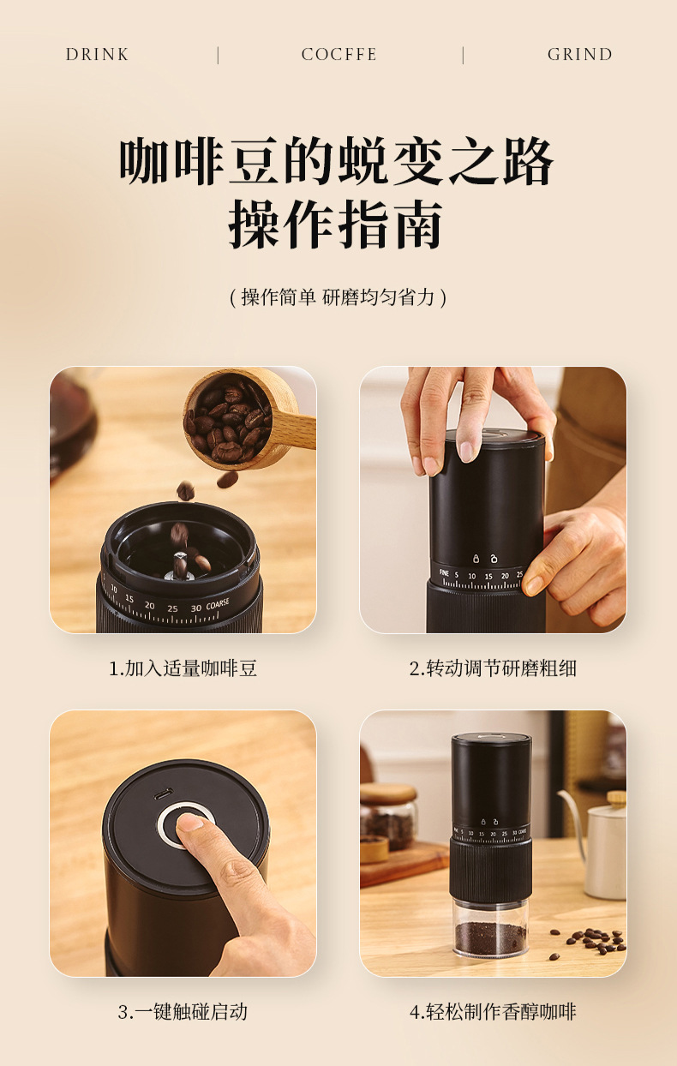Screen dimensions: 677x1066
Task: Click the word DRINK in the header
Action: pyautogui.click(x=97, y=55)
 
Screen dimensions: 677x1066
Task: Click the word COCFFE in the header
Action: pyautogui.click(x=339, y=55)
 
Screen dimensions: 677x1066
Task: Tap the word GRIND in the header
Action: pyautogui.click(x=579, y=55)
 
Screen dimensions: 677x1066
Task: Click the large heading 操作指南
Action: pyautogui.click(x=337, y=225)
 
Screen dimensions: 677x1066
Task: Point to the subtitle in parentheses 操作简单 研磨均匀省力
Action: pyautogui.click(x=338, y=297)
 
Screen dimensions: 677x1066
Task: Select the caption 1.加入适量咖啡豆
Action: pyautogui.click(x=183, y=668)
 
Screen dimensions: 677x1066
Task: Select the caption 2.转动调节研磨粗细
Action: pyautogui.click(x=493, y=668)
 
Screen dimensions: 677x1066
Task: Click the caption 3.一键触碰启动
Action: pyautogui.click(x=183, y=1011)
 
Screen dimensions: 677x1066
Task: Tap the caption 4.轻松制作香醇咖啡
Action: pyautogui.click(x=493, y=1011)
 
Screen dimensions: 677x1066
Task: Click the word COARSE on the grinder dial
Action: pyautogui.click(x=218, y=605)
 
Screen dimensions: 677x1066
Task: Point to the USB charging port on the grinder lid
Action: pyautogui.click(x=163, y=794)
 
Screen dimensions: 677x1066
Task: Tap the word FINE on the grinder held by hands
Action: pyautogui.click(x=444, y=573)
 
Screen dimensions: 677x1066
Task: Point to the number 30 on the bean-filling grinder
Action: pyautogui.click(x=196, y=608)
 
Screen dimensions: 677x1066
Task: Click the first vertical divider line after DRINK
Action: pyautogui.click(x=218, y=55)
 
